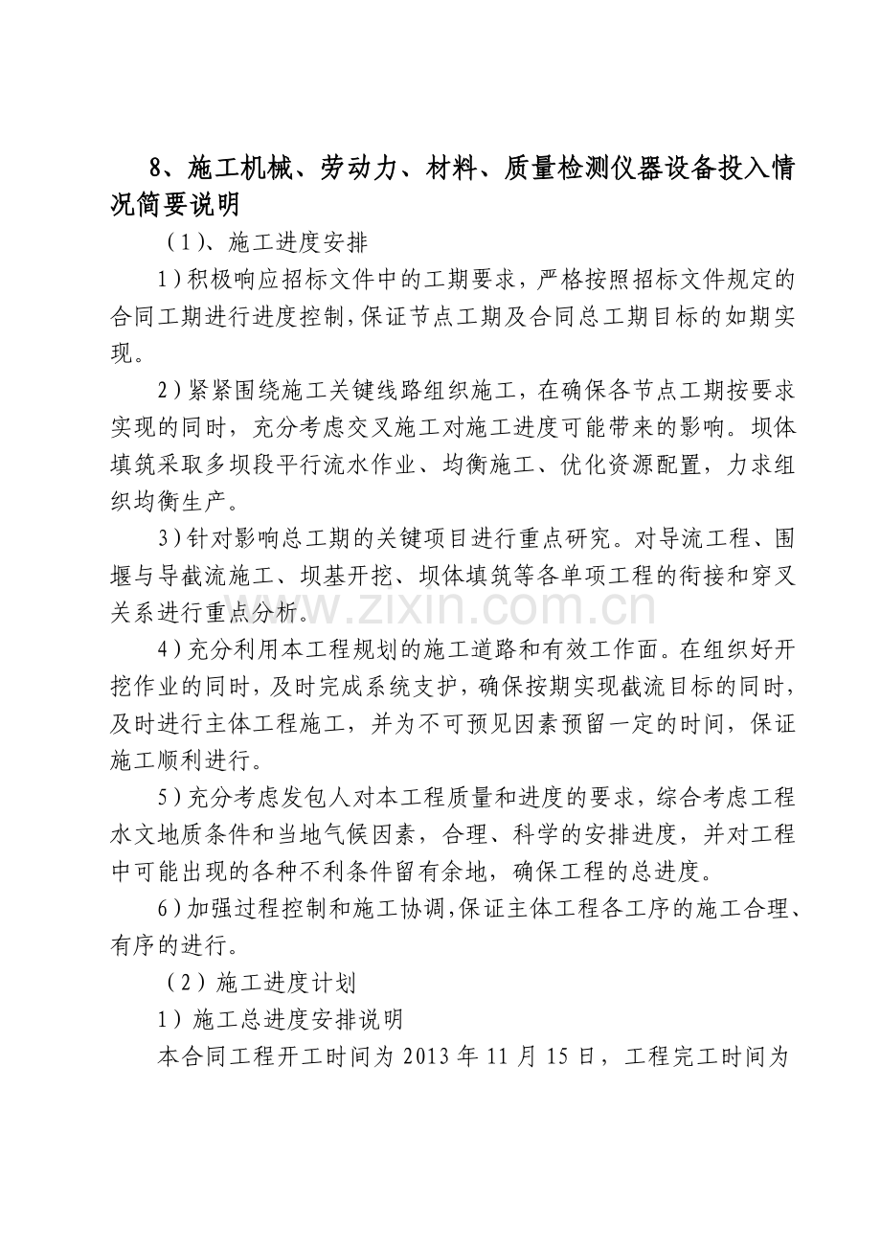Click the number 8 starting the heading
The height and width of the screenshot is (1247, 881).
click(158, 169)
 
